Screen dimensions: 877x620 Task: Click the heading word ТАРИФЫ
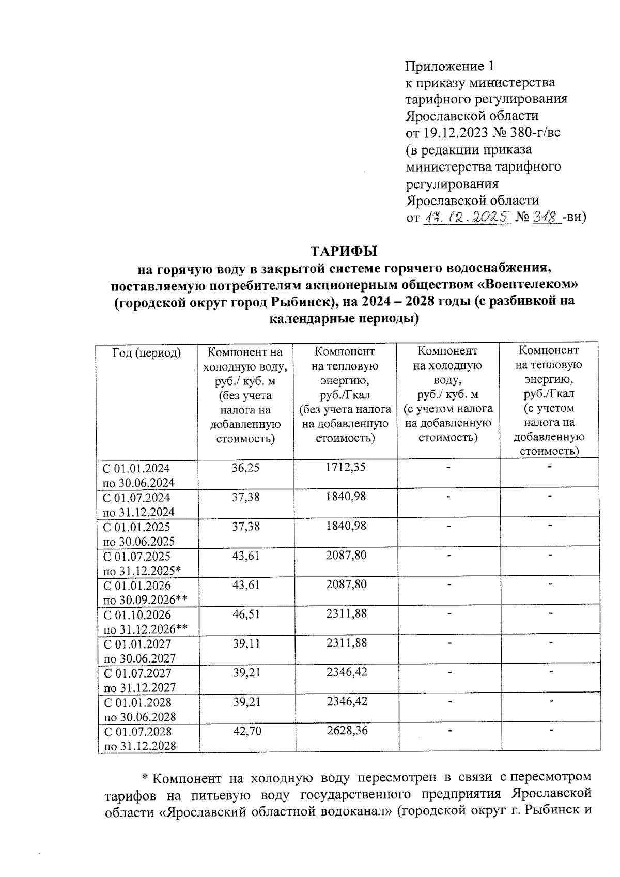click(x=344, y=252)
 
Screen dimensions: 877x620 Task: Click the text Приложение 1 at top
click(x=450, y=66)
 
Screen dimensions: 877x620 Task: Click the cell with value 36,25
click(x=246, y=468)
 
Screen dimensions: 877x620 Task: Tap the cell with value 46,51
click(x=246, y=614)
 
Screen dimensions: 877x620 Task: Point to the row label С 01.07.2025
click(x=137, y=557)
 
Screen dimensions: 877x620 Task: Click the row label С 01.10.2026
click(x=137, y=615)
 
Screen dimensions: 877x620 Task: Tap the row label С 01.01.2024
click(x=136, y=469)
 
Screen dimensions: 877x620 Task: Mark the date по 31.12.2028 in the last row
click(x=140, y=746)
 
